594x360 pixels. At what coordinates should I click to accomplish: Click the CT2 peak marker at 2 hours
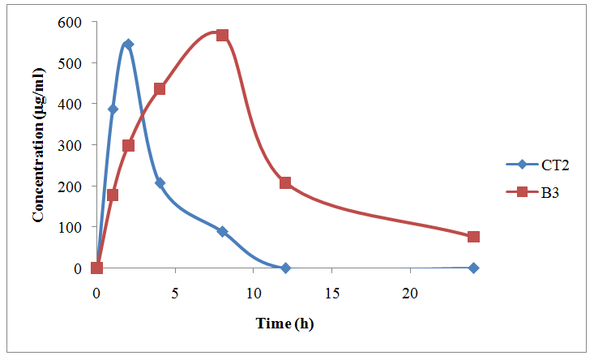pos(128,44)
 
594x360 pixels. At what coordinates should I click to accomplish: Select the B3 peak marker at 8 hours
pos(222,35)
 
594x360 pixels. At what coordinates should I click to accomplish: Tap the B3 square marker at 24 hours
pos(473,237)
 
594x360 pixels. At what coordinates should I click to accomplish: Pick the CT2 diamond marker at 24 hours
pos(473,268)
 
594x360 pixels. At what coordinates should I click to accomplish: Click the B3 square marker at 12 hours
pos(285,182)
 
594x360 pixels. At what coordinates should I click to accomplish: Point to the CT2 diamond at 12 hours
pos(285,268)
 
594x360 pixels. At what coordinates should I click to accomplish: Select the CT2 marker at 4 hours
pos(160,183)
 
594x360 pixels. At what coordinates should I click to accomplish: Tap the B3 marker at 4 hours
pos(160,88)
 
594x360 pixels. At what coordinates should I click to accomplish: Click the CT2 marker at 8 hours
pos(222,232)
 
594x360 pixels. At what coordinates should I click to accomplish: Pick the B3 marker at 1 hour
pos(113,195)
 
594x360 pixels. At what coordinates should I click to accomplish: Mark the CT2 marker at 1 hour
pos(113,109)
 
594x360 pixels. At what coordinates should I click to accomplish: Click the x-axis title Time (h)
pos(284,324)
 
